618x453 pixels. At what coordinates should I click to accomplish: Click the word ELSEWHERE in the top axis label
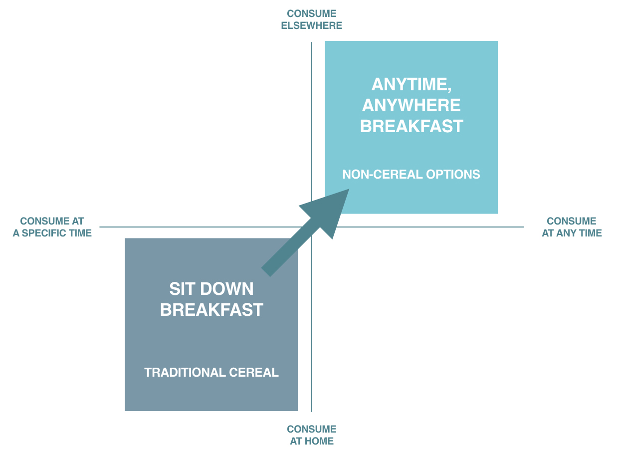[x=311, y=25]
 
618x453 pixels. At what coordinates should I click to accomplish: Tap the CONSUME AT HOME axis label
[x=311, y=435]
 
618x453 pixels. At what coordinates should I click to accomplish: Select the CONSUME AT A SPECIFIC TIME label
[x=52, y=227]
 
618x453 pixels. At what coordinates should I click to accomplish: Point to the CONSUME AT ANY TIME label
[x=572, y=227]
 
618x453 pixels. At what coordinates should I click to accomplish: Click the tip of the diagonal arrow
[x=349, y=189]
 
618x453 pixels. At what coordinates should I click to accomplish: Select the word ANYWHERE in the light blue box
[x=412, y=105]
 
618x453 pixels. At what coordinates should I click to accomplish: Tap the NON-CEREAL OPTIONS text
[x=411, y=174]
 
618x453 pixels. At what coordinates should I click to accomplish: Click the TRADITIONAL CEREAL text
[x=211, y=373]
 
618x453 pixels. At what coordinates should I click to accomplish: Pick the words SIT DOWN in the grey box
[x=211, y=289]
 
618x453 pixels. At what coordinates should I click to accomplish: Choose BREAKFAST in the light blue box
[x=412, y=126]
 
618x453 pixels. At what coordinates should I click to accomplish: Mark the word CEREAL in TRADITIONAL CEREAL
[x=254, y=373]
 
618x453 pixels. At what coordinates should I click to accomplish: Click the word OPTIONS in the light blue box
[x=453, y=174]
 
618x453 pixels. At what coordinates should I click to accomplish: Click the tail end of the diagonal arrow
[x=266, y=272]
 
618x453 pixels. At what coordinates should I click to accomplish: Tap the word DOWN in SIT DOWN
[x=227, y=289]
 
